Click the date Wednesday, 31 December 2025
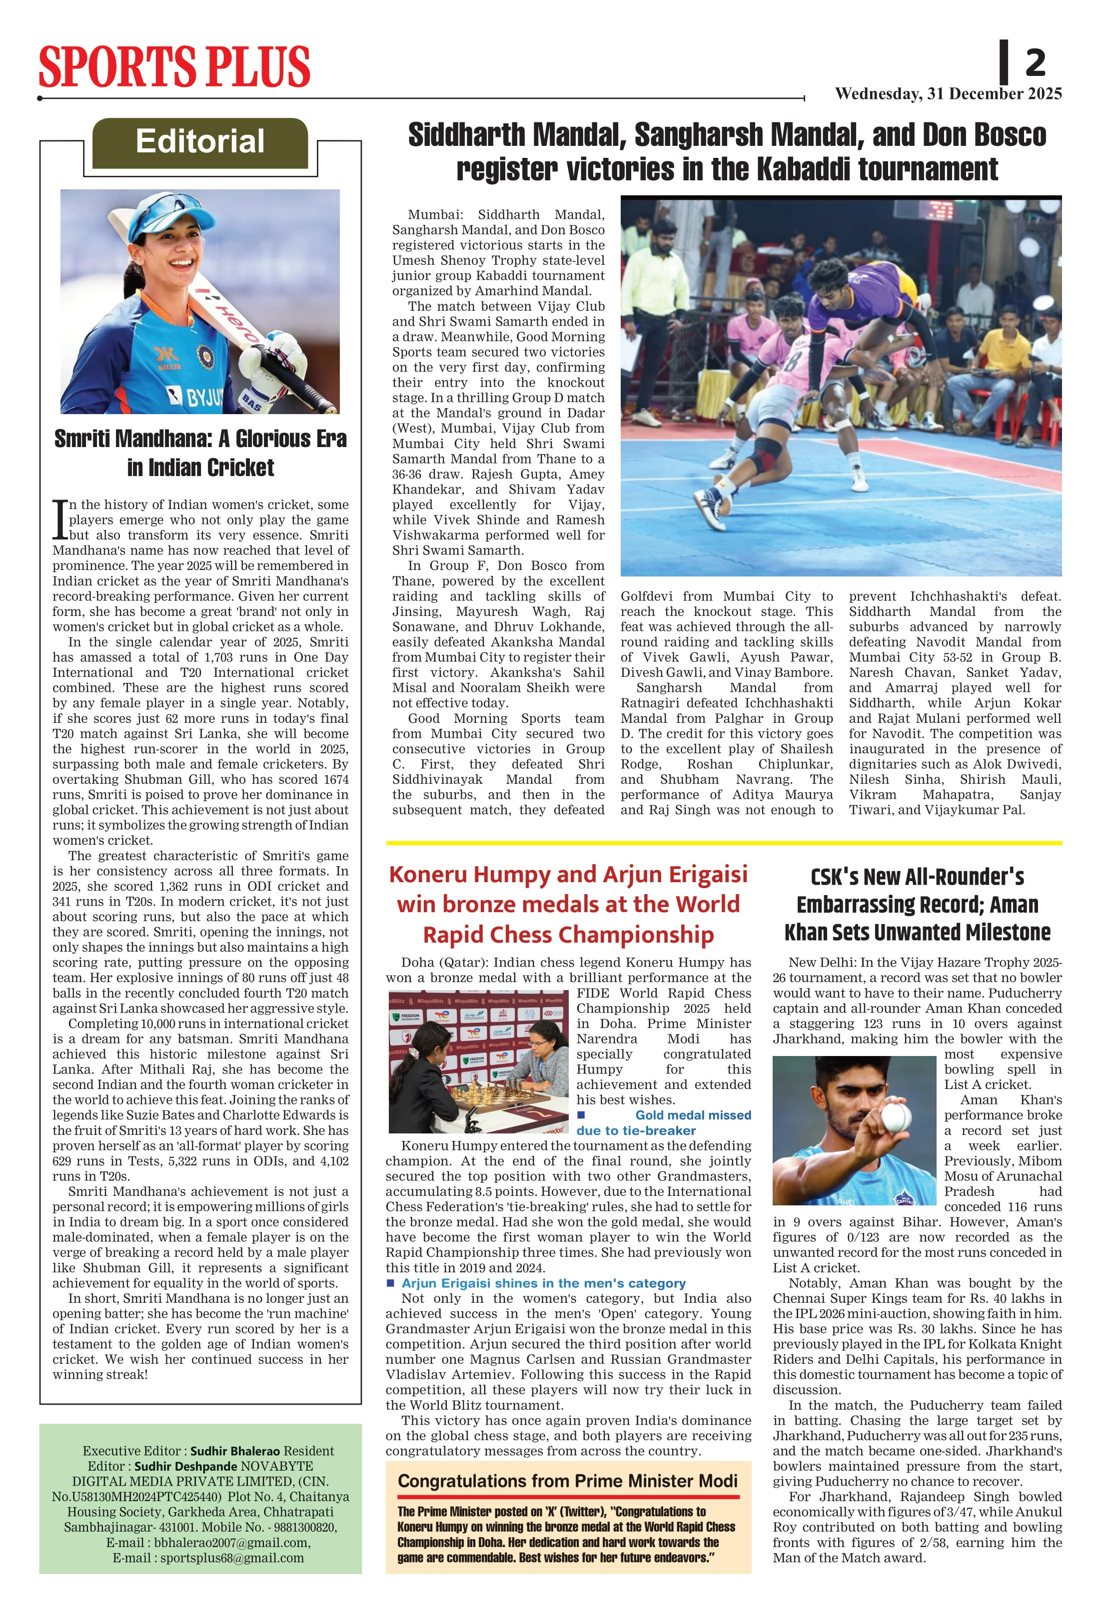pyautogui.click(x=948, y=94)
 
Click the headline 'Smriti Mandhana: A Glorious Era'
pyautogui.click(x=200, y=439)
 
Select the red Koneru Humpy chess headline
pyautogui.click(x=568, y=904)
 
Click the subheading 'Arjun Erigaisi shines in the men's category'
pyautogui.click(x=543, y=1283)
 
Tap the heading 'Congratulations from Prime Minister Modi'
pyautogui.click(x=567, y=1481)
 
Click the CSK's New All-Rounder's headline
pyautogui.click(x=917, y=904)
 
